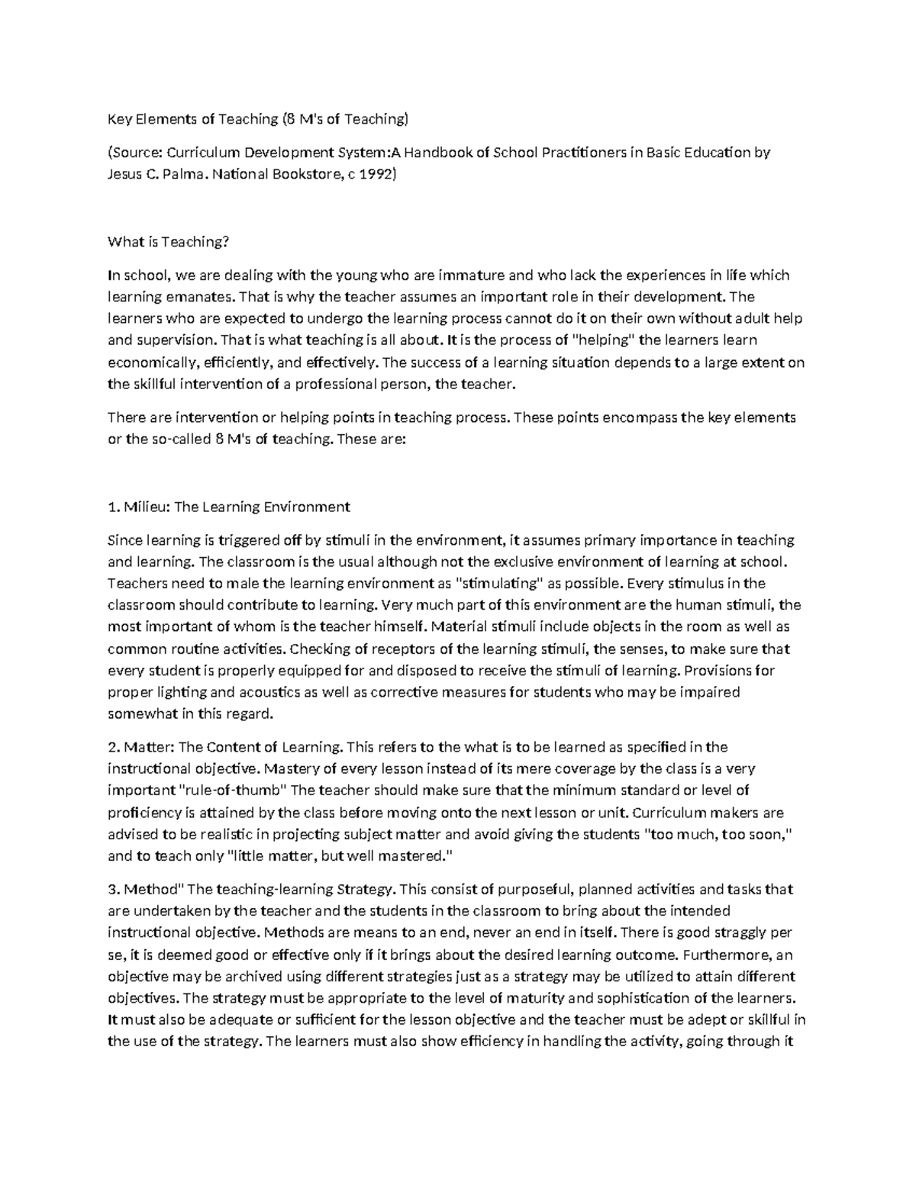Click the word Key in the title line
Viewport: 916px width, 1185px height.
[x=118, y=118]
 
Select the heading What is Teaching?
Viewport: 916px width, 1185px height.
[x=168, y=242]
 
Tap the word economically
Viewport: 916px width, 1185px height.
[x=153, y=362]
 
